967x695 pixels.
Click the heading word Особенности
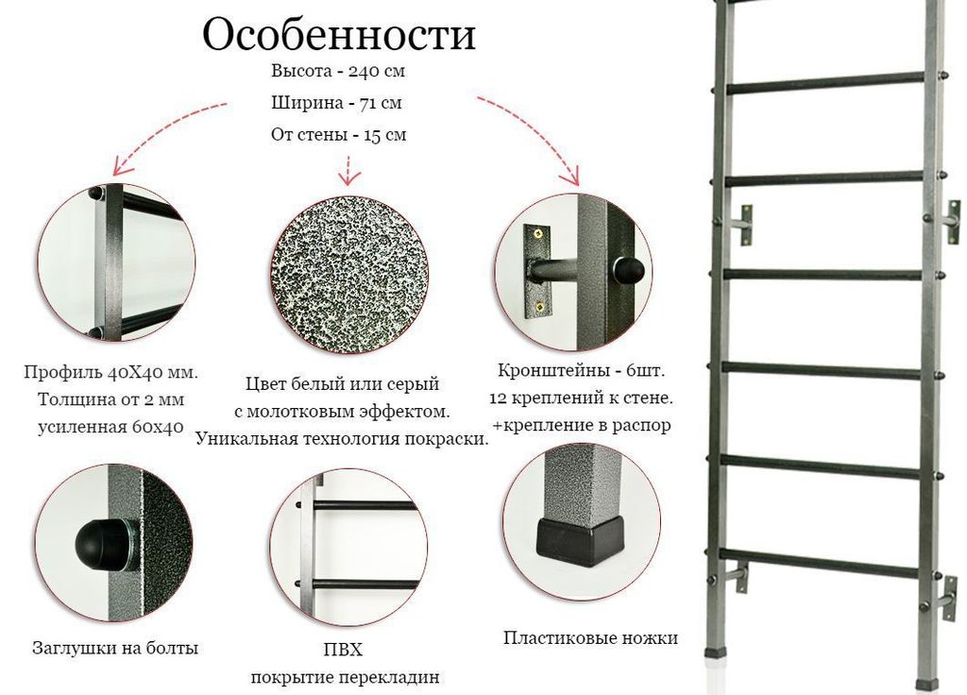pyautogui.click(x=339, y=35)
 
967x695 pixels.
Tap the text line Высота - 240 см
pyautogui.click(x=338, y=71)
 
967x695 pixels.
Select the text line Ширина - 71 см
pyautogui.click(x=337, y=102)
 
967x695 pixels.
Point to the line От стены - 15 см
pyautogui.click(x=339, y=134)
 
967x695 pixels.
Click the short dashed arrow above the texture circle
pyautogui.click(x=349, y=171)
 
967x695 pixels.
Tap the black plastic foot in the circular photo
pyautogui.click(x=580, y=541)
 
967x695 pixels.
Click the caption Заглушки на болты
pyautogui.click(x=115, y=648)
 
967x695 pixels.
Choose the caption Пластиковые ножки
pyautogui.click(x=590, y=637)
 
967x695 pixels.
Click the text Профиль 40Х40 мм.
pyautogui.click(x=111, y=372)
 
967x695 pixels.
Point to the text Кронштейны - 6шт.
pyautogui.click(x=581, y=370)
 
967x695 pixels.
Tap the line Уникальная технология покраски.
pyautogui.click(x=342, y=439)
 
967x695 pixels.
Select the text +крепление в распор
pyautogui.click(x=581, y=425)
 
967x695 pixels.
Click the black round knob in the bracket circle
pyautogui.click(x=628, y=268)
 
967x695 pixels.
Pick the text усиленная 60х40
pyautogui.click(x=110, y=427)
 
